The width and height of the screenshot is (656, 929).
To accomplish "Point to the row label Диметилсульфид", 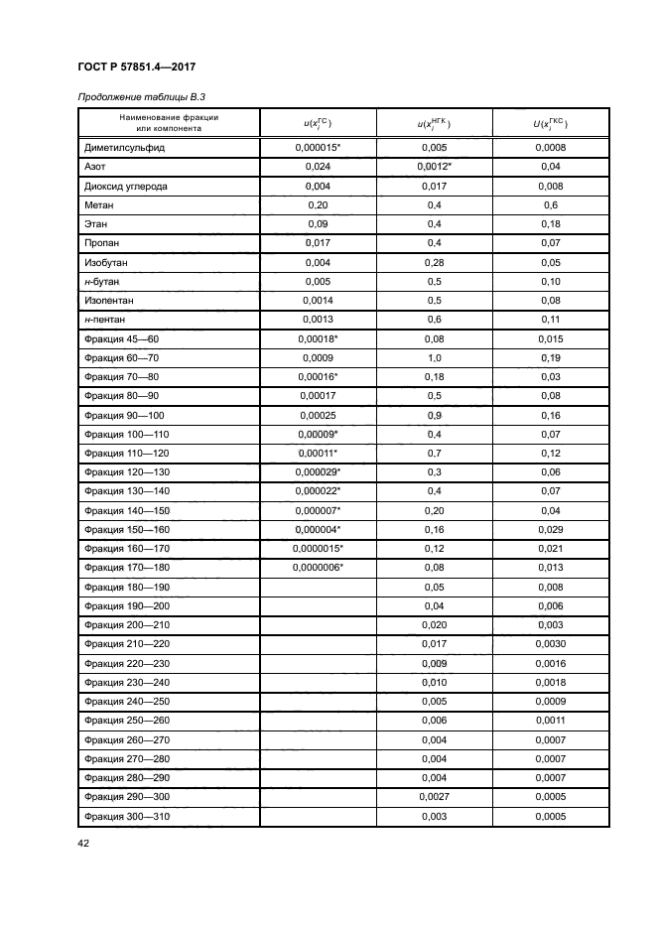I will pyautogui.click(x=124, y=147).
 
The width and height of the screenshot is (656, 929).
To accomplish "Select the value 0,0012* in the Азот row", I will pyautogui.click(x=434, y=166).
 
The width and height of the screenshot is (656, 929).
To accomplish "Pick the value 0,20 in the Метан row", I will pyautogui.click(x=318, y=204).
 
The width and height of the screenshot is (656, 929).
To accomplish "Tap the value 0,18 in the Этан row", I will pyautogui.click(x=551, y=223).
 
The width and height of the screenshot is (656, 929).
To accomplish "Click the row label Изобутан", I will pyautogui.click(x=107, y=262).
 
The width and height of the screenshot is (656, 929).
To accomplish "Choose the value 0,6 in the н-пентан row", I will pyautogui.click(x=434, y=320).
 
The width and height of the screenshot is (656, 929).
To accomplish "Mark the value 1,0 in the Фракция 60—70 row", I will pyautogui.click(x=434, y=357).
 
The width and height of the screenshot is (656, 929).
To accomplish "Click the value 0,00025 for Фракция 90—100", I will pyautogui.click(x=318, y=415).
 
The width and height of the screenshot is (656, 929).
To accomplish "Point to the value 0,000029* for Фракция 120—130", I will pyautogui.click(x=318, y=471).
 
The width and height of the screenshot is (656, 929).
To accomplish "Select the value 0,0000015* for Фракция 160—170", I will pyautogui.click(x=318, y=548).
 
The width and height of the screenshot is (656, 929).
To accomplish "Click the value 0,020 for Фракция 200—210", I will pyautogui.click(x=434, y=625).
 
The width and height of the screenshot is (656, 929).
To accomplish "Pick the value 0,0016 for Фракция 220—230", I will pyautogui.click(x=551, y=663).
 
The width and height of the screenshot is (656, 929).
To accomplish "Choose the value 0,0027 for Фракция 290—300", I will pyautogui.click(x=434, y=797).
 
